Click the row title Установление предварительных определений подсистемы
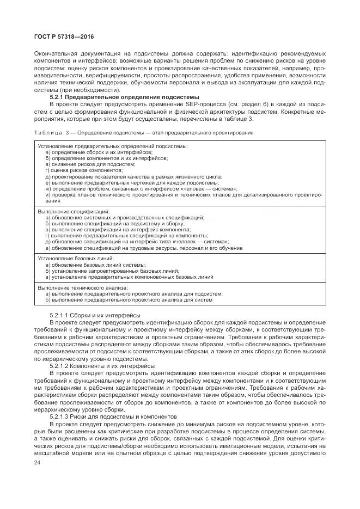(113, 146)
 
